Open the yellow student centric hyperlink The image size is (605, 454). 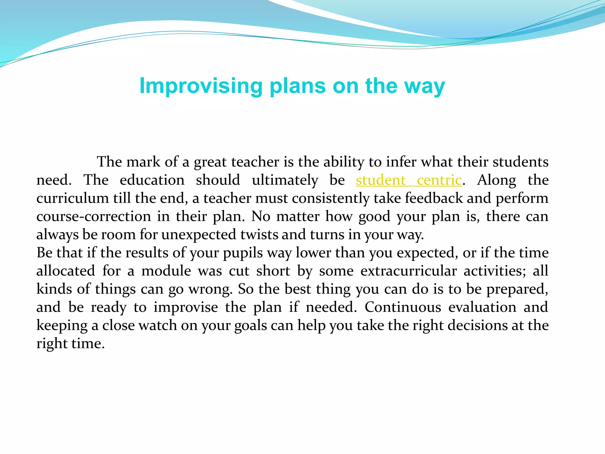tap(409, 180)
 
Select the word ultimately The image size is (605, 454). tap(285, 180)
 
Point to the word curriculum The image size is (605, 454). tap(72, 198)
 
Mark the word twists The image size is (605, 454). tap(259, 235)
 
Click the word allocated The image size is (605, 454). tap(66, 271)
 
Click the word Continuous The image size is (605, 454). tap(403, 307)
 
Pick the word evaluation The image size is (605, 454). tap(482, 307)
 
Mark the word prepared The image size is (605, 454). tap(517, 289)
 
